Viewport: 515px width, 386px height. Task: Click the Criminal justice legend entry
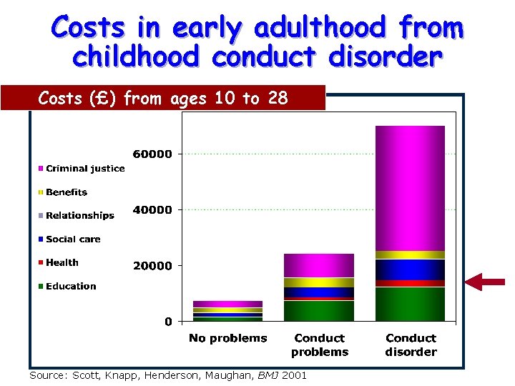[x=81, y=169]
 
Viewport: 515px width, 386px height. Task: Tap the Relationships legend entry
[x=76, y=216]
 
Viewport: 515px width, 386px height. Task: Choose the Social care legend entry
[x=69, y=239]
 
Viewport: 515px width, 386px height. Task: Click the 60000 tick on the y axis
[x=152, y=154]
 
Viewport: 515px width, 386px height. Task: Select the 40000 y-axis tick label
[x=152, y=210]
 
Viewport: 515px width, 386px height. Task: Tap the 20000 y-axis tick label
[x=152, y=266]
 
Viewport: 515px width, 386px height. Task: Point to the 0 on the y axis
[x=168, y=322]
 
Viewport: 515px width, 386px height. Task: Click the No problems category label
[x=227, y=338]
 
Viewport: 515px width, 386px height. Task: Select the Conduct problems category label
[x=319, y=345]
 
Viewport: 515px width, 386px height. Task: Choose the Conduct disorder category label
[x=411, y=345]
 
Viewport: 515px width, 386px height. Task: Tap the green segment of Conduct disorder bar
[x=411, y=304]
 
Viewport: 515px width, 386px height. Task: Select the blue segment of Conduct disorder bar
[x=411, y=269]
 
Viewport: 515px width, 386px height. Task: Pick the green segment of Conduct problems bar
[x=319, y=311]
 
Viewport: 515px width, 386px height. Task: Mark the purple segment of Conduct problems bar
[x=319, y=264]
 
